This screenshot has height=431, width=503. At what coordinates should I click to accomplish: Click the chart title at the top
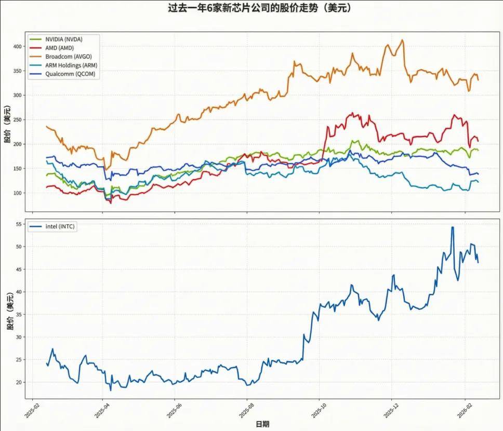[251, 8]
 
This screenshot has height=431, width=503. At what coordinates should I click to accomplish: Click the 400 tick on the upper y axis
[18, 47]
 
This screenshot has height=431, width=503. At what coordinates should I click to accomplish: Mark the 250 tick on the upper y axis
[18, 120]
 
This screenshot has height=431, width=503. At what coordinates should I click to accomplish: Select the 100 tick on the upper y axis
[18, 193]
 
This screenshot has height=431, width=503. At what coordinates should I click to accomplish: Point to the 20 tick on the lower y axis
[20, 382]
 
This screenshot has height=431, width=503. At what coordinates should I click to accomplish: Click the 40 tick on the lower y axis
[20, 291]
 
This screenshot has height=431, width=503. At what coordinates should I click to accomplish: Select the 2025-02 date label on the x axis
[31, 408]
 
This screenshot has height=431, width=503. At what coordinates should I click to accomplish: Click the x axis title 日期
[262, 424]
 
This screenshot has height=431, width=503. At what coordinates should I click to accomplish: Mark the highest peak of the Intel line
[453, 227]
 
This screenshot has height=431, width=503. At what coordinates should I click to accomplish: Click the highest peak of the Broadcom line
[402, 40]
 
